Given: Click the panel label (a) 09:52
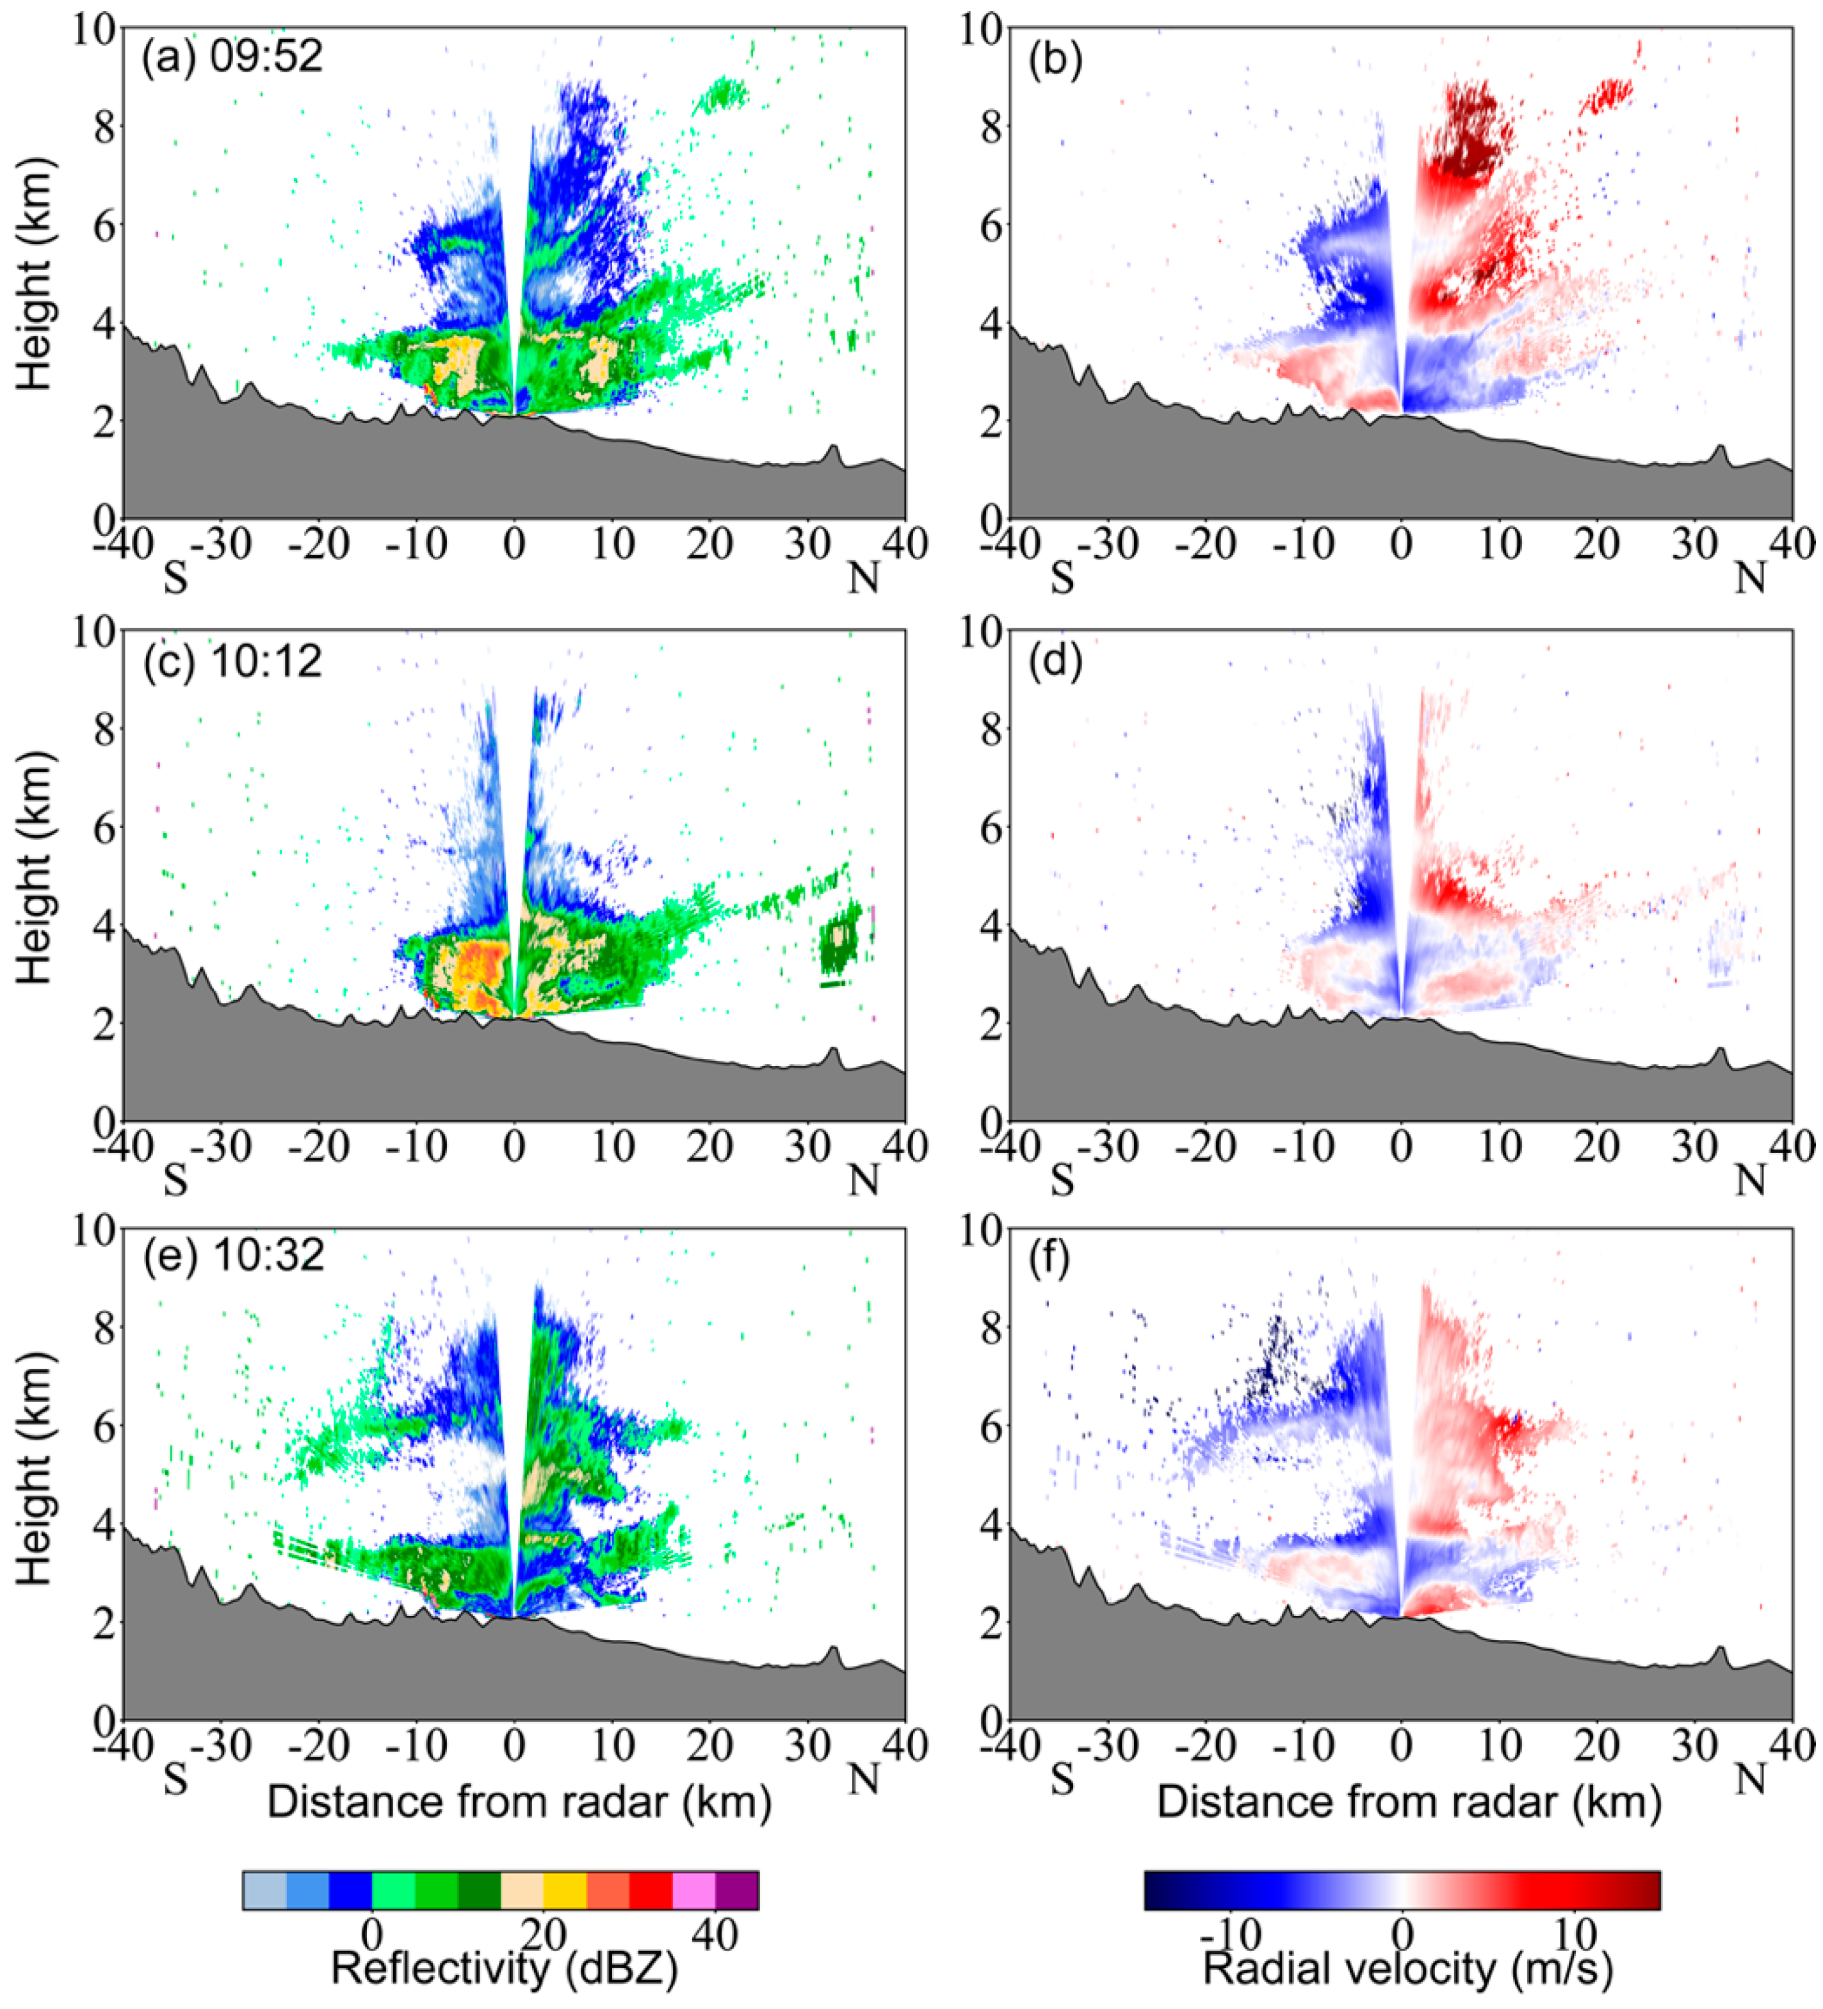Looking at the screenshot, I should tap(232, 57).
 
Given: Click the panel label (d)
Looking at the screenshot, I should tap(1055, 661).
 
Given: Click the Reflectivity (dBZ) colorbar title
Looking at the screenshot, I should tap(503, 1967).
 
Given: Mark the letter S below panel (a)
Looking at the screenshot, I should tap(175, 578).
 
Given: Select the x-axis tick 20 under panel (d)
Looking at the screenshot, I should tap(1597, 1148).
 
